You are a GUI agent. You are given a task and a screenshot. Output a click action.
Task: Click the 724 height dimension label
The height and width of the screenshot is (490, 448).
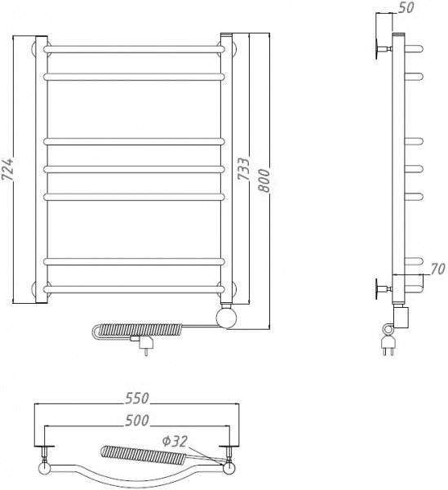coord(7,169)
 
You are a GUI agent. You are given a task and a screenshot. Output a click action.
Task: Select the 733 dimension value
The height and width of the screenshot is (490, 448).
coord(243,169)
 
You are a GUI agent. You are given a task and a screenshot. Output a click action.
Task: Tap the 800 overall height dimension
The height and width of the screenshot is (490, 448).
coord(264,180)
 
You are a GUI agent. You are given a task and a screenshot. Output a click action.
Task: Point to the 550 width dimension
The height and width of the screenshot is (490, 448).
coord(137,399)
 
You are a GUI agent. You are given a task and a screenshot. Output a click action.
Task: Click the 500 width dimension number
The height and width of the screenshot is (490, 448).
coord(137,421)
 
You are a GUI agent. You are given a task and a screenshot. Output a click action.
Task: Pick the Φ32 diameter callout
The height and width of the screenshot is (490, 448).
coord(175,441)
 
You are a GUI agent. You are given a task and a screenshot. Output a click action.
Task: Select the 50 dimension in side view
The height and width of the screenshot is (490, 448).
coord(406,7)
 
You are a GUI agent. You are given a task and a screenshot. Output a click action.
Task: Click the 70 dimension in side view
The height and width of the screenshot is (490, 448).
coord(438,269)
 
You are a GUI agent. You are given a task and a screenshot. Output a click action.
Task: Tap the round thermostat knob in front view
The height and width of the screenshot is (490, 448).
coord(226,318)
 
